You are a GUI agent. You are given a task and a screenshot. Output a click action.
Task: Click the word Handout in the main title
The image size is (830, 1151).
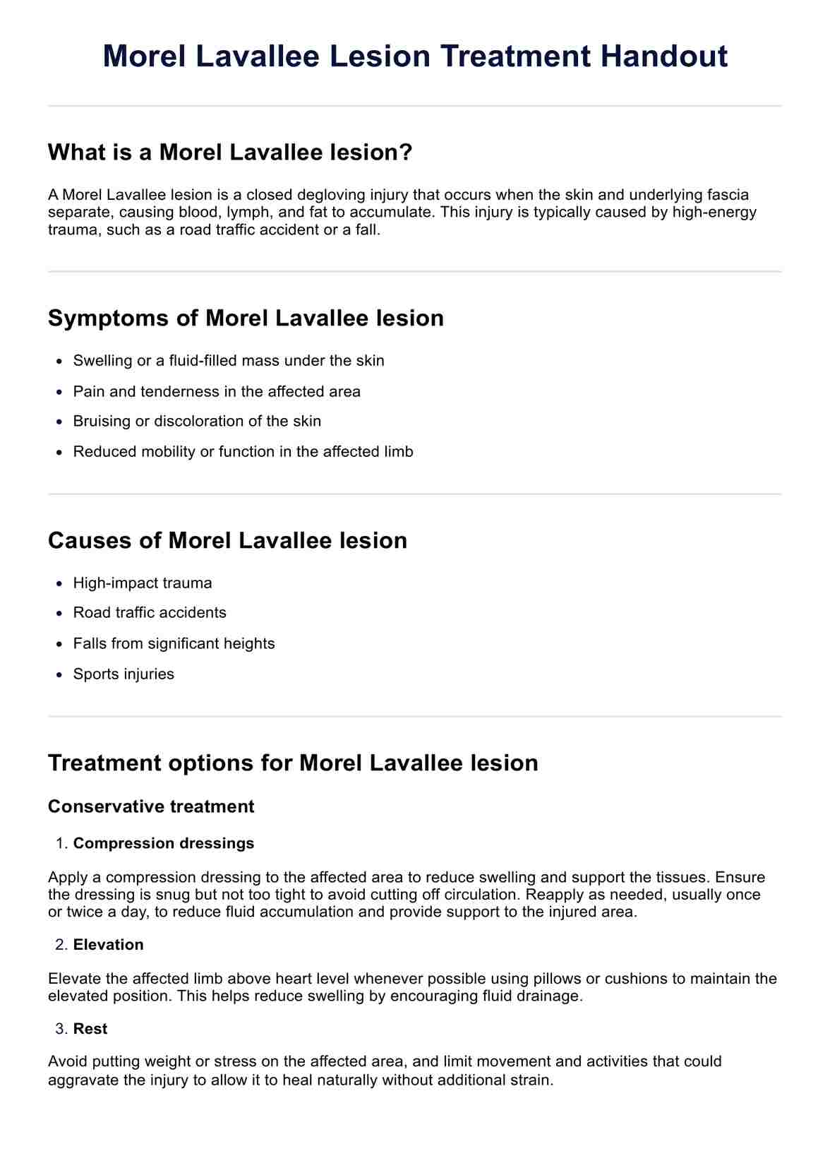tap(663, 56)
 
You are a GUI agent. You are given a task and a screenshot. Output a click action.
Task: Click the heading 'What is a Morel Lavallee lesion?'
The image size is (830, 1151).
tap(230, 152)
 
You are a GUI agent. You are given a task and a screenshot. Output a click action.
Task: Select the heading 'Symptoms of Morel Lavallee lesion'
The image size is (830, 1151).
tap(246, 318)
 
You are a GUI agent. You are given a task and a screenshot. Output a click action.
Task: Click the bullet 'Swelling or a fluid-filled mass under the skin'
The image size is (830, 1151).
tap(229, 361)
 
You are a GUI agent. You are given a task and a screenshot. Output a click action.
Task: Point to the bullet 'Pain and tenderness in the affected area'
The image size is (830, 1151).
tap(217, 391)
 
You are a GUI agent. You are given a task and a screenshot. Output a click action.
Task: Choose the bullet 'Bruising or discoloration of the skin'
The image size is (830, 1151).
tap(197, 422)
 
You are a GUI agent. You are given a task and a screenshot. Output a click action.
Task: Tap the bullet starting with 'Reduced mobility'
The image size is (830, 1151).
tap(243, 452)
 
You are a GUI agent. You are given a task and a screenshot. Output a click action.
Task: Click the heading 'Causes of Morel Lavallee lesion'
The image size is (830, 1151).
tap(227, 540)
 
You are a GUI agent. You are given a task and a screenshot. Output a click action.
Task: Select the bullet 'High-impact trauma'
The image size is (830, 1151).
tap(143, 583)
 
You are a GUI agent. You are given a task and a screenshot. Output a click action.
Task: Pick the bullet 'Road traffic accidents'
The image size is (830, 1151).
tap(150, 613)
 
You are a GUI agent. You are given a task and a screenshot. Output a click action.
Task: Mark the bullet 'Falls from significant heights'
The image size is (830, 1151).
tap(174, 644)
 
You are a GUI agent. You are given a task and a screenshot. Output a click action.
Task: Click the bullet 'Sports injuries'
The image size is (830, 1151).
tap(124, 674)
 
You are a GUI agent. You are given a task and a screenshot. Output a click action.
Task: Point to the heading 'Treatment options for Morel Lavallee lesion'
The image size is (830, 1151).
tap(293, 763)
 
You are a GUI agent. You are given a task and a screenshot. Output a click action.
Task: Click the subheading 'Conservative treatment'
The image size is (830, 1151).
tap(151, 806)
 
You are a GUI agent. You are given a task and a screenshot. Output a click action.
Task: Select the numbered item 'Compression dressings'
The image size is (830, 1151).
tap(164, 843)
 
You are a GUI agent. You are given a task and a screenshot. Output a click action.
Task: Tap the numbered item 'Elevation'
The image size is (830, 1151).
tap(108, 945)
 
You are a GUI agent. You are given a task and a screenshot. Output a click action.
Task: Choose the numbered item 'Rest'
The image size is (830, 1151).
tap(90, 1029)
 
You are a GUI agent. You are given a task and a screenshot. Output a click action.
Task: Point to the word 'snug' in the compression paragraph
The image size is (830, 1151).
tap(141, 895)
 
